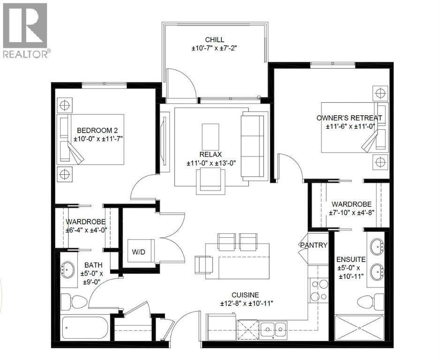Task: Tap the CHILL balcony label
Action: click(x=214, y=39)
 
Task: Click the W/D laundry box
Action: click(x=139, y=252)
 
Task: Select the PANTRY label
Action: click(x=314, y=245)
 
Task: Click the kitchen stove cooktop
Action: click(x=319, y=290)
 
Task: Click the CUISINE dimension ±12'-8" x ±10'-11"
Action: click(x=247, y=304)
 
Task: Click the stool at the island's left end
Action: click(x=203, y=264)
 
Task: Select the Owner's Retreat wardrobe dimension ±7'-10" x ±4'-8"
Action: click(x=351, y=213)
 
